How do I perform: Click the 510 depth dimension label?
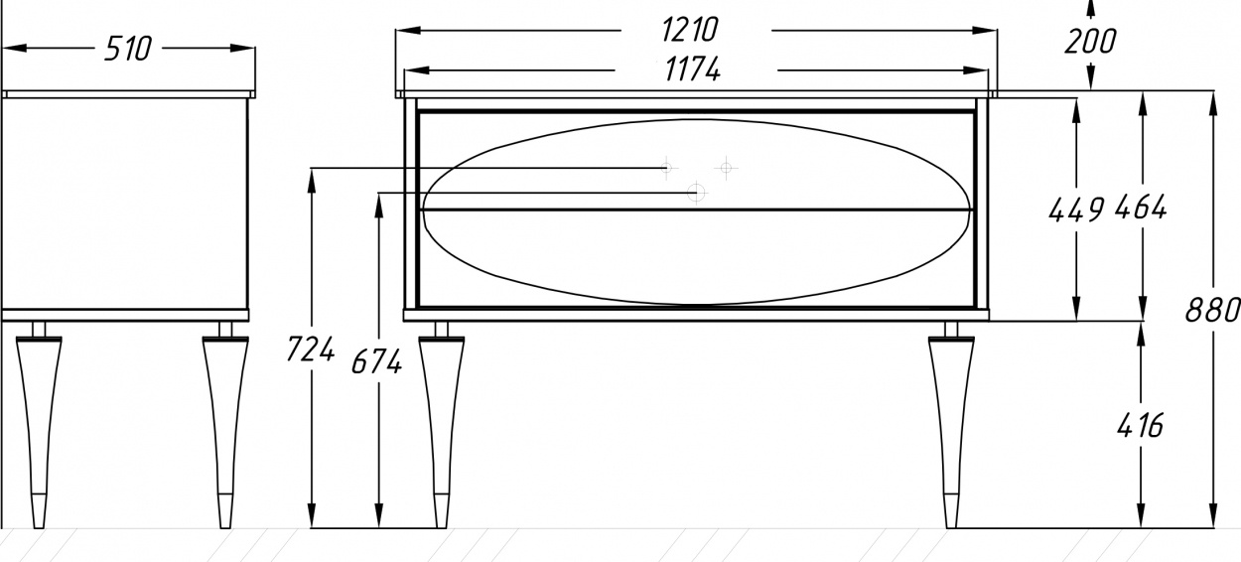point(127,49)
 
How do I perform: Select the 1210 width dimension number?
point(690,30)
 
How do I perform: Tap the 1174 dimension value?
point(693,70)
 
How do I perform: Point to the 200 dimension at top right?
point(1090,42)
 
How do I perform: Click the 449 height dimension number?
point(1076,210)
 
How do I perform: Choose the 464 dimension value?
point(1141,208)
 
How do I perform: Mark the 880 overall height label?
point(1211,310)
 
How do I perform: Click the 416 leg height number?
point(1140,426)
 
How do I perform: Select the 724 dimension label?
point(310,350)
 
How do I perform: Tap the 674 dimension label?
point(376,361)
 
